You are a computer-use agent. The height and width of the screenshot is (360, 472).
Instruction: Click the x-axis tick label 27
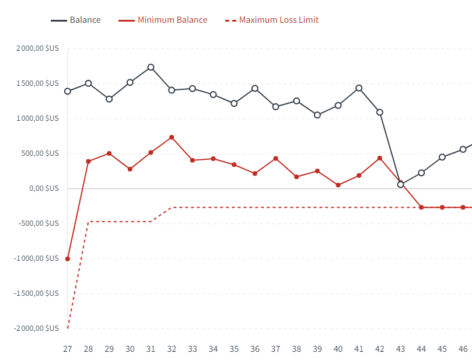[x=68, y=349]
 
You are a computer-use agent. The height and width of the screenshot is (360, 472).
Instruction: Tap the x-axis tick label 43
[x=400, y=349]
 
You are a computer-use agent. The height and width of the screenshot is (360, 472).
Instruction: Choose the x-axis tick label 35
[x=234, y=349]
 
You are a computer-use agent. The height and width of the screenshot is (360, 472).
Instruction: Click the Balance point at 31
[x=151, y=67]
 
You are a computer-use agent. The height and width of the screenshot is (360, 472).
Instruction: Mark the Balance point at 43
[x=400, y=184]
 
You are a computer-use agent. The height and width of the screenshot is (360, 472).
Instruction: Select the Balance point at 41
[x=359, y=88]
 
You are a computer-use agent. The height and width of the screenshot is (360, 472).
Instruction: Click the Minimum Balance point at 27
[x=68, y=258]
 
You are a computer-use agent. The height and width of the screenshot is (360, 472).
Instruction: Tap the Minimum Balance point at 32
[x=172, y=138]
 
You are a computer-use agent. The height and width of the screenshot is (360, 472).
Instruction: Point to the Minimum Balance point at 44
[x=421, y=207]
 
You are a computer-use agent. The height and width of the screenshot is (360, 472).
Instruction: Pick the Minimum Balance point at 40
[x=338, y=185]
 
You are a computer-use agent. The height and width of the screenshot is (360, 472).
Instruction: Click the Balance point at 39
[x=317, y=115]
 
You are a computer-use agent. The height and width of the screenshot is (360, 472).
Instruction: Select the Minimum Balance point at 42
[x=380, y=158]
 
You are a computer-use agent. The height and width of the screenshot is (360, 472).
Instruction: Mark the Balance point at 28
[x=89, y=83]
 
